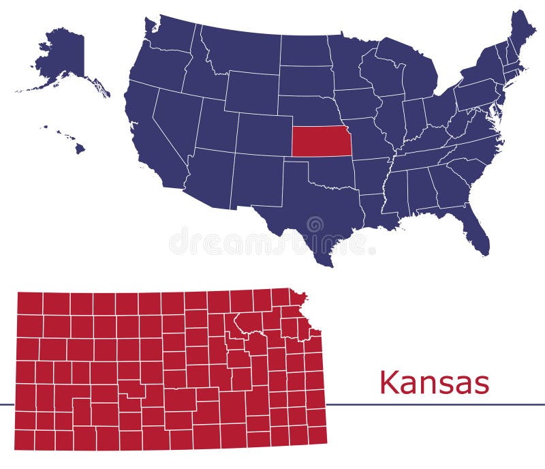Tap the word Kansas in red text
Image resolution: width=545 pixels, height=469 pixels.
tap(434, 382)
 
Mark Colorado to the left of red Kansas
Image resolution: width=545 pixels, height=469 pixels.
tap(262, 133)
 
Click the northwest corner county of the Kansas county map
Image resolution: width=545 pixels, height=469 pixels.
tap(29, 303)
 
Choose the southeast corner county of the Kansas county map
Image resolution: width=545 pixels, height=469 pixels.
tap(317, 434)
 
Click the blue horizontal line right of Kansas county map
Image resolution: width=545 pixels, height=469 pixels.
tap(436, 404)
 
